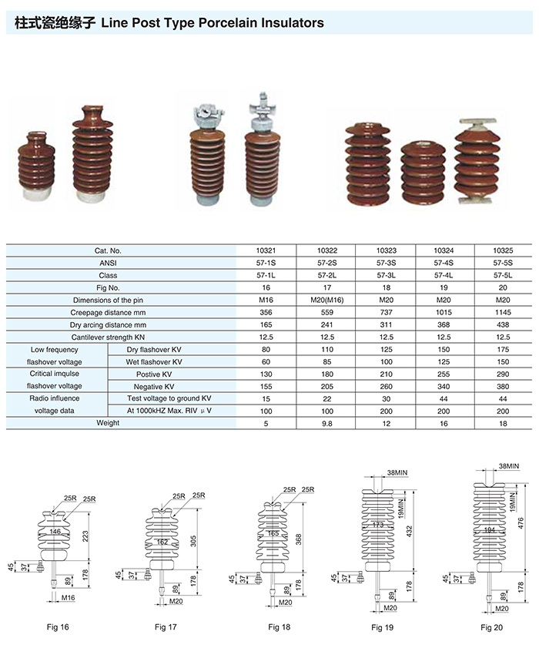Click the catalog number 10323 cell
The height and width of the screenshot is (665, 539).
point(386,250)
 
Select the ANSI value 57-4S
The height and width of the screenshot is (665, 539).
point(444,263)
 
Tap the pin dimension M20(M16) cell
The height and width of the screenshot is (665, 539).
point(327,301)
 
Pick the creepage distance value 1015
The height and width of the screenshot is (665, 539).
point(444,313)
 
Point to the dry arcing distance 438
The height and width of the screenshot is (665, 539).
point(503,325)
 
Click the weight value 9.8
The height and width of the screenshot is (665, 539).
point(327,424)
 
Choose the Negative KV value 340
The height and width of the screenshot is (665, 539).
point(444,387)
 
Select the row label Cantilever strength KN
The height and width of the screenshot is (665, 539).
point(108,338)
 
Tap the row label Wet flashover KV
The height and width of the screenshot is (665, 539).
point(154,362)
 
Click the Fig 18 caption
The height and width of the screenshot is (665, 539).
point(280,626)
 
